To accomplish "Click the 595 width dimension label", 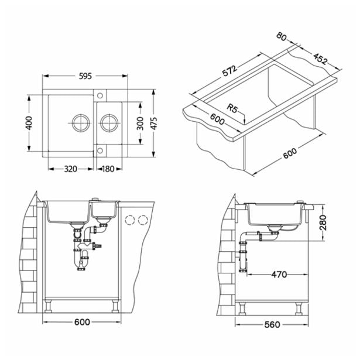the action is point(85,76).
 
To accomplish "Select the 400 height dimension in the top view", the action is point(29,123).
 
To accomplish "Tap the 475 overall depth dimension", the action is point(154,124).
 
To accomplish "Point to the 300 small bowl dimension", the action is point(140,124).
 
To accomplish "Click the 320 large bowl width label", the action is point(70,169).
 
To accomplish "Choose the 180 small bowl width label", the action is point(108,169).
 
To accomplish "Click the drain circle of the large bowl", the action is point(81,123).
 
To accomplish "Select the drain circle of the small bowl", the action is point(109,123).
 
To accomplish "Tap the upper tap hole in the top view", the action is point(100,95).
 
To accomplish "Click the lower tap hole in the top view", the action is point(100,150).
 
